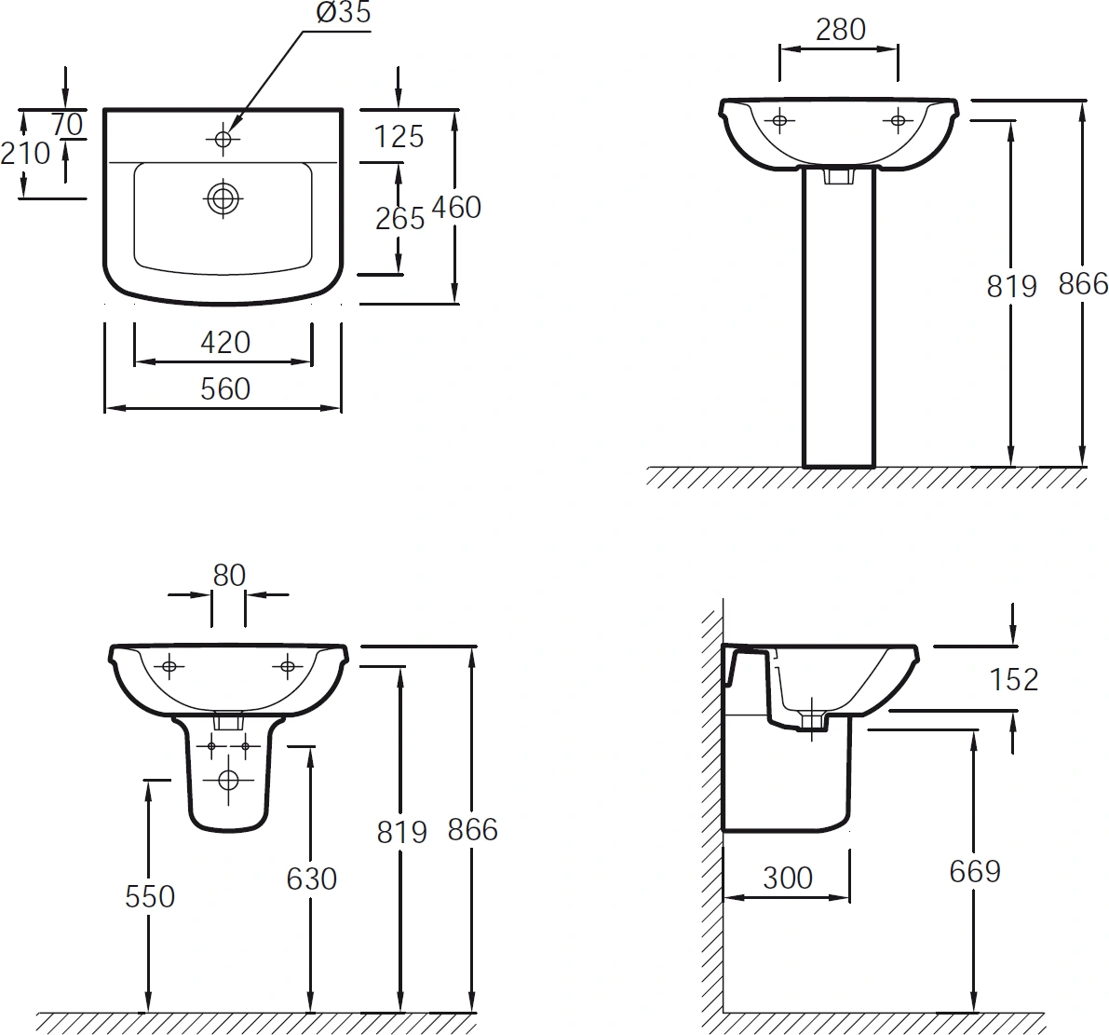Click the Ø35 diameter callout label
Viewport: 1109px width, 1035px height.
point(343,12)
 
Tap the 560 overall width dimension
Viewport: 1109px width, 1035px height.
point(225,389)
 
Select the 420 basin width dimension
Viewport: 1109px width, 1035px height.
point(225,343)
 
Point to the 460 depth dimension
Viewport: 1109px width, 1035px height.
point(456,208)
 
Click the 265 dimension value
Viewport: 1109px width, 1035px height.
point(399,219)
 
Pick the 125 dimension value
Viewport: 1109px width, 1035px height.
point(399,137)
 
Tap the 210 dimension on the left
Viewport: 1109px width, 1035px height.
point(25,153)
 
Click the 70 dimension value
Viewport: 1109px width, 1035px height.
point(68,125)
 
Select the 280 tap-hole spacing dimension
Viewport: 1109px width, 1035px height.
point(840,30)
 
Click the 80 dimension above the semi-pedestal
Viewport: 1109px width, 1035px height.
point(228,575)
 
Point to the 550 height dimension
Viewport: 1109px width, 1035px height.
point(149,896)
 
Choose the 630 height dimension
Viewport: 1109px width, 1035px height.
point(311,878)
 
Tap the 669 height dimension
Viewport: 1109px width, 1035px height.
point(975,872)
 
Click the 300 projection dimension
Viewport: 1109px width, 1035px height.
point(787,878)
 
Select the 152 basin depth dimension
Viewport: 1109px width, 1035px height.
point(1013,679)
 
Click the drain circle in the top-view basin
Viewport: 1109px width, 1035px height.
point(223,198)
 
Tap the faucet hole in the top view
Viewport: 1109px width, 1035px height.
point(223,139)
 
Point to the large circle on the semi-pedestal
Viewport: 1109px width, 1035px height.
point(228,780)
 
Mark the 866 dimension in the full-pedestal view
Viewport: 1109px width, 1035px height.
point(1083,284)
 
